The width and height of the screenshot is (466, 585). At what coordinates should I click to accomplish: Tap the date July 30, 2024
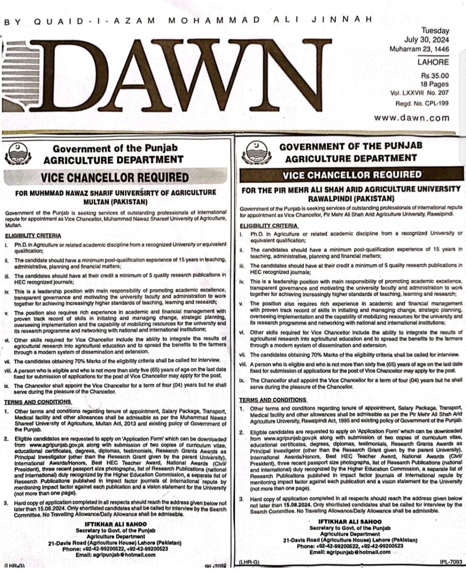(x=426, y=40)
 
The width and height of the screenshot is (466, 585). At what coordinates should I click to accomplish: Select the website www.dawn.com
(x=412, y=117)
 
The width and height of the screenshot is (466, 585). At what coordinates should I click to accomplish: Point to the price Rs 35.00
(x=435, y=75)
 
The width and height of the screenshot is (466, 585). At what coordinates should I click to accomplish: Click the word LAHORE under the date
(x=433, y=62)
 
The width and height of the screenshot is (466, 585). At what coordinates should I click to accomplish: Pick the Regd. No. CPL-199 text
(x=422, y=103)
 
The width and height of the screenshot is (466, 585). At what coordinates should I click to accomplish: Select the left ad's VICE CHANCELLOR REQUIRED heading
(x=114, y=177)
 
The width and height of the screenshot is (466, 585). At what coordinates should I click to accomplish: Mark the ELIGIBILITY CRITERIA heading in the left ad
(x=33, y=236)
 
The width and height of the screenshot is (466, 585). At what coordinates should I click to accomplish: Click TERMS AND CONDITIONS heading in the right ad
(x=273, y=399)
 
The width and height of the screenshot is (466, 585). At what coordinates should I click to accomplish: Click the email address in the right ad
(x=350, y=552)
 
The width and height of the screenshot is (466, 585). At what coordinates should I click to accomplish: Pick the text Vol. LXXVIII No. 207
(x=419, y=93)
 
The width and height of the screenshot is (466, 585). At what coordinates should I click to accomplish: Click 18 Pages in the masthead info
(x=434, y=84)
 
